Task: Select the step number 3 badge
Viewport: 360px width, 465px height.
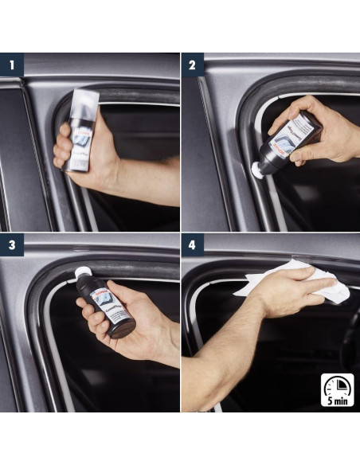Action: click(10, 244)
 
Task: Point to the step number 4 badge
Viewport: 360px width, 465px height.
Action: click(191, 244)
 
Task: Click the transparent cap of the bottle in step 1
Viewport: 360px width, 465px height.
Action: click(85, 104)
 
